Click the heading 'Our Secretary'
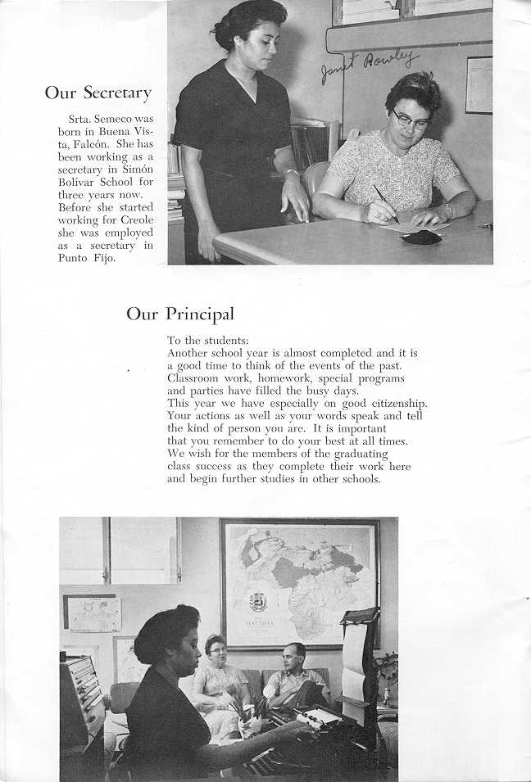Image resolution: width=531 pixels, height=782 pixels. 98,93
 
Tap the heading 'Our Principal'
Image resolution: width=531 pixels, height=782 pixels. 179,314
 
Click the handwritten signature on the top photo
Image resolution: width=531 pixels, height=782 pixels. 369,65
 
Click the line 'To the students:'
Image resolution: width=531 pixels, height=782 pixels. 208,340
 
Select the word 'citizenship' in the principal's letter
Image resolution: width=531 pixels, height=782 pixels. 393,404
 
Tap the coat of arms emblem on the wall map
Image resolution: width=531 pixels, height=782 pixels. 257,602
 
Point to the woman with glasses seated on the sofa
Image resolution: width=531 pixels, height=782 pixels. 218,675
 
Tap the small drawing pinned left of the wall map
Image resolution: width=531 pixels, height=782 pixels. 92,613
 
